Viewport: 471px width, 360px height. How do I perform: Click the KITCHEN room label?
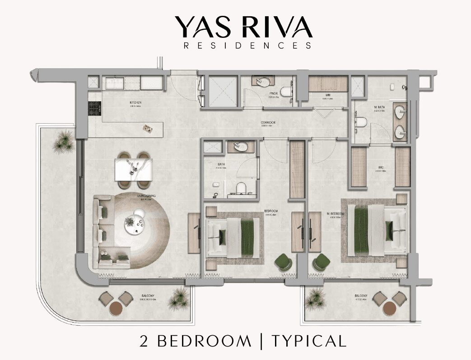pyautogui.click(x=135, y=103)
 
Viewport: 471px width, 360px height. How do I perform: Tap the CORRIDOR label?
pyautogui.click(x=268, y=122)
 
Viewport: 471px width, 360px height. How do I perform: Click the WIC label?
pyautogui.click(x=381, y=168)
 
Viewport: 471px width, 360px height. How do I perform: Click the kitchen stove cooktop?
pyautogui.click(x=94, y=108)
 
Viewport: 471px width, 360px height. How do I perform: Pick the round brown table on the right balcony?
pyautogui.click(x=390, y=309)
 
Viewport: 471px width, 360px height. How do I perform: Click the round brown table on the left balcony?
pyautogui.click(x=116, y=309)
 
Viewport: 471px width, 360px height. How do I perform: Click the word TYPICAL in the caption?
pyautogui.click(x=309, y=341)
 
